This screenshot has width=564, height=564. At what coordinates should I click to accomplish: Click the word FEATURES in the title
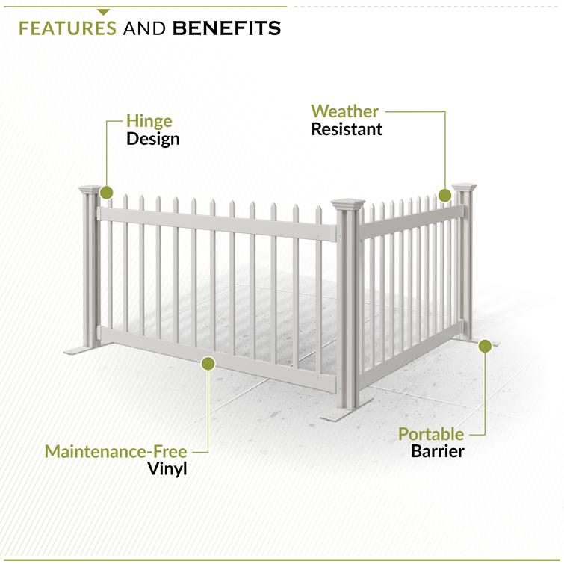coord(67,28)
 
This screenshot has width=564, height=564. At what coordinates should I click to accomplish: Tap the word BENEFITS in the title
coord(227,28)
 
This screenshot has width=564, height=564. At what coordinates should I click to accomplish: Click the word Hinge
coord(149,121)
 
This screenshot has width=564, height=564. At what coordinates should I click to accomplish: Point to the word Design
coord(153,139)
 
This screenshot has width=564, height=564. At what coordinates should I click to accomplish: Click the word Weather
coord(345,111)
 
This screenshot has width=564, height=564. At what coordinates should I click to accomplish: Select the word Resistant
coord(347,129)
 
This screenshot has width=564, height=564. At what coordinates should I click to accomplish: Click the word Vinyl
coord(166,470)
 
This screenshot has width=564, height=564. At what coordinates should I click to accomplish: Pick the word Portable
coord(431,433)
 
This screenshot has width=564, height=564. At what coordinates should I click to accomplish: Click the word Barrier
coord(438,451)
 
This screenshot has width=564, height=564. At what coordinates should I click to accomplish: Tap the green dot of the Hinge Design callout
coord(106,193)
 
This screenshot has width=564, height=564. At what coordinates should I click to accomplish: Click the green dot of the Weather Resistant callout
coord(445,196)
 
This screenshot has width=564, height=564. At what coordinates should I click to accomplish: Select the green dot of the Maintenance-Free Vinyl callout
coord(208,364)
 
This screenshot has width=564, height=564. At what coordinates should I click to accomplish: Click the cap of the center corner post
coord(347,202)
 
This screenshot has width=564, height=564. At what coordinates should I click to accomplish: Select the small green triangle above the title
coord(103,11)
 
